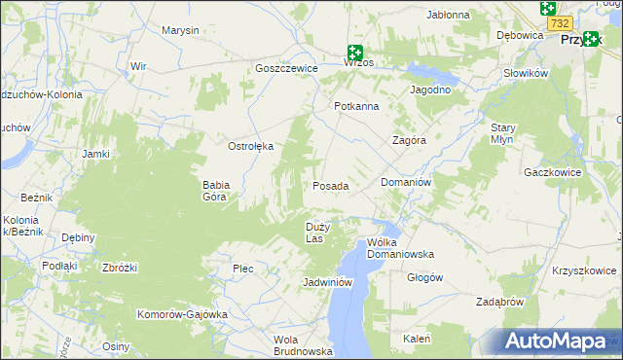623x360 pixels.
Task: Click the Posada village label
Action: click(330, 185)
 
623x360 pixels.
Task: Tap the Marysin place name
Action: click(180, 30)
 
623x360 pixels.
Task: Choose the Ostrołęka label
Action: click(250, 146)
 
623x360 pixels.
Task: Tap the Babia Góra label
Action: click(215, 190)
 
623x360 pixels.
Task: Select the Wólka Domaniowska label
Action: click(400, 248)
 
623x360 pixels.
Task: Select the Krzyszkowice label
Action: click(585, 270)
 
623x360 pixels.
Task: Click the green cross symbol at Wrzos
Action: click(355, 53)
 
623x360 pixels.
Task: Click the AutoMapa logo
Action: click(555, 341)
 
